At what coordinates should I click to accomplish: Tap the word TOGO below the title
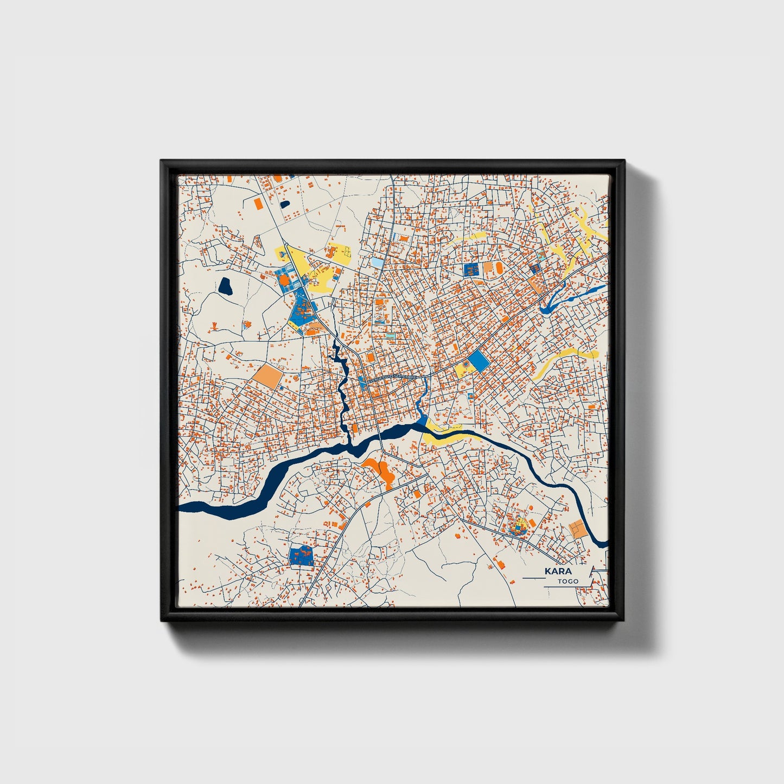pos(568,581)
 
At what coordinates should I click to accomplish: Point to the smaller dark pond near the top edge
pos(285,205)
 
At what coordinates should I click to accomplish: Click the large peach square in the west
pos(267,375)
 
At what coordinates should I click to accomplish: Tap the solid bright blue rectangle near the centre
pos(478,360)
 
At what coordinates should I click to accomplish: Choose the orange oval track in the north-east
pos(488,267)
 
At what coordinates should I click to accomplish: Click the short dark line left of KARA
pos(532,579)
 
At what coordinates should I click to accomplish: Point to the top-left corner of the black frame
pos(161,161)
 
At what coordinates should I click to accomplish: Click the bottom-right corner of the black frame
pos(624,621)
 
